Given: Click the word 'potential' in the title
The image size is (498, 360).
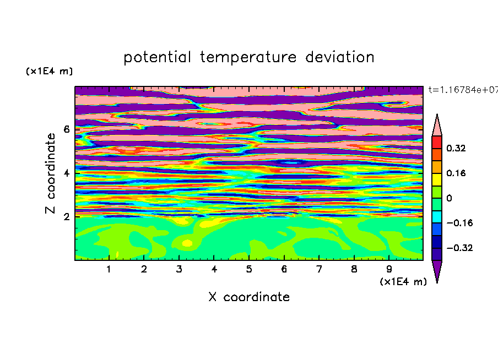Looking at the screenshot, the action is tap(157, 57).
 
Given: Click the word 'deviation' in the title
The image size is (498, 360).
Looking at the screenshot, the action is tap(340, 57).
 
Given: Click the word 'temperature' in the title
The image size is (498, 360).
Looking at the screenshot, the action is tap(248, 58).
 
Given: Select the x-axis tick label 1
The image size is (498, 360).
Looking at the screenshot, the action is tap(109, 269).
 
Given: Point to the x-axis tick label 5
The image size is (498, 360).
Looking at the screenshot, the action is tap(249, 269).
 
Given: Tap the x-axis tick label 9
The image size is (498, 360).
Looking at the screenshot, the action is tap(389, 269).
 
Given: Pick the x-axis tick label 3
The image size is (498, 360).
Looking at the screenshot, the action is tap(179, 269).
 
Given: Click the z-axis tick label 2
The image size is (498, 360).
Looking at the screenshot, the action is tap(66, 217).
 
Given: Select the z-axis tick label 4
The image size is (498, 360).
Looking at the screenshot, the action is tap(66, 173).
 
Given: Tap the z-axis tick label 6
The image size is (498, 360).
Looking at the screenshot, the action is tap(66, 129).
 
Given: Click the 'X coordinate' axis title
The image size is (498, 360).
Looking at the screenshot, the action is tap(249, 297).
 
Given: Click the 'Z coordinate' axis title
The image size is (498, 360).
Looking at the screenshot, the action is tap(51, 173).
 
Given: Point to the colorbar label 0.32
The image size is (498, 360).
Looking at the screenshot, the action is tap(456, 148).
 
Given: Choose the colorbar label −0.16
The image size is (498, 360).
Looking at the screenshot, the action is tap(459, 223).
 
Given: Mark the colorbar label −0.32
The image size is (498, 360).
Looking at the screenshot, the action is tap(459, 248).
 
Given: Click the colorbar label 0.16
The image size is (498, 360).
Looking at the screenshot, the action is tap(456, 173).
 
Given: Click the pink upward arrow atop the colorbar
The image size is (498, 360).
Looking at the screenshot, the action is tap(437, 126).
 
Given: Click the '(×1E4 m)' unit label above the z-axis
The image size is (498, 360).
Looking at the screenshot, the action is tap(49, 71).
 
